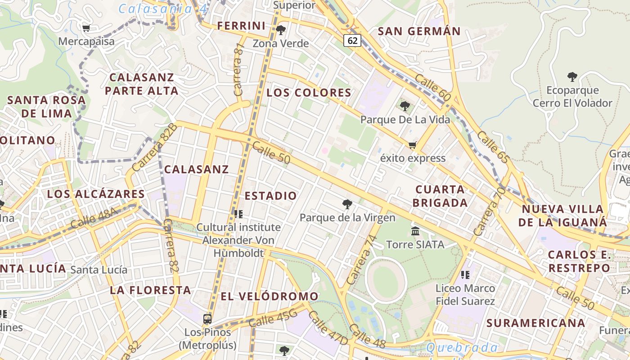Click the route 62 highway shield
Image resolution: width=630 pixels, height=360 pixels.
click(352, 40)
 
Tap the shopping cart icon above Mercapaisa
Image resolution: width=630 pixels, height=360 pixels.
click(86, 28)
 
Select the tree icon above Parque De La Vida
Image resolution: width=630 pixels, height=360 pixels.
click(405, 106)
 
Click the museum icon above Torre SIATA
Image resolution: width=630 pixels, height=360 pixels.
click(415, 231)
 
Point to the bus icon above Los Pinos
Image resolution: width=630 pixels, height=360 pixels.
click(207, 319)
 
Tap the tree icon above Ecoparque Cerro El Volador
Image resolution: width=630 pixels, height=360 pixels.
click(572, 77)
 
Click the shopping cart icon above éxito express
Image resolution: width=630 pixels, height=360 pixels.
click(412, 145)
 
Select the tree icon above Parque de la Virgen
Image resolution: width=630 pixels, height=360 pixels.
click(347, 204)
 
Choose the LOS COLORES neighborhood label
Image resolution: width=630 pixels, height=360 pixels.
click(309, 93)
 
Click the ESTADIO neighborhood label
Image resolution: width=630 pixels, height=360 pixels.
click(271, 196)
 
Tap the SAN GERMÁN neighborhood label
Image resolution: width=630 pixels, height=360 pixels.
click(419, 31)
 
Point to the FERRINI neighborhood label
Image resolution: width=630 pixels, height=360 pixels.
click(242, 26)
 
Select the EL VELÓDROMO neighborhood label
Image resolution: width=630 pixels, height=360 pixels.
click(270, 297)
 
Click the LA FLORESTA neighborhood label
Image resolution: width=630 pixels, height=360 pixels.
click(151, 290)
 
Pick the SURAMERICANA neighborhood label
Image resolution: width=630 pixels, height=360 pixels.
click(535, 323)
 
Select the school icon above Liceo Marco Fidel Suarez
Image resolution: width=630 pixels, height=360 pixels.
click(465, 274)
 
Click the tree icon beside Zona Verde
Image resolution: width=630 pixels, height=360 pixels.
click(281, 31)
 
